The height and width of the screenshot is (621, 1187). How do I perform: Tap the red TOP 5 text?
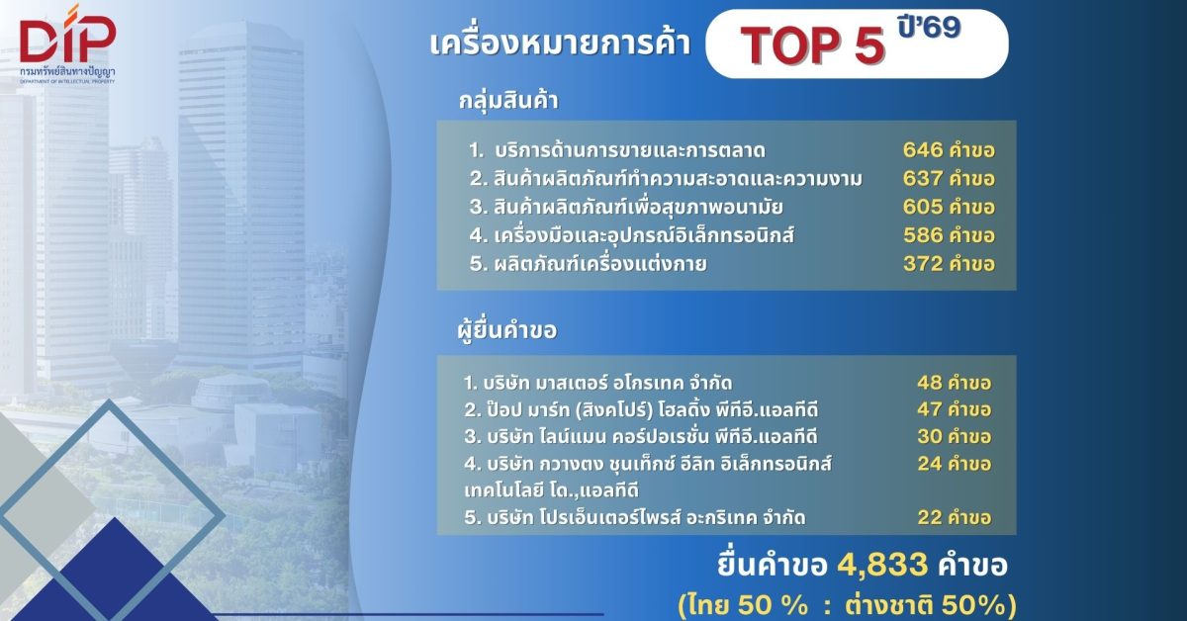pyautogui.click(x=813, y=46)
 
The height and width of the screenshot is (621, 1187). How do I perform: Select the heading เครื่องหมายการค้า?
pyautogui.click(x=560, y=45)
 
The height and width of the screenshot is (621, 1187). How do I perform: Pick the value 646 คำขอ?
pyautogui.click(x=948, y=150)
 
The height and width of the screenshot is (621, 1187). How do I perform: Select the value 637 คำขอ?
pyautogui.click(x=948, y=179)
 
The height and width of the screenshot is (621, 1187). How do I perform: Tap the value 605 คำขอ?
pyautogui.click(x=948, y=207)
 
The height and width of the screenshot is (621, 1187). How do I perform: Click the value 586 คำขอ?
pyautogui.click(x=948, y=235)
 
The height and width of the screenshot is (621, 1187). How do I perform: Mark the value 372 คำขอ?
pyautogui.click(x=948, y=264)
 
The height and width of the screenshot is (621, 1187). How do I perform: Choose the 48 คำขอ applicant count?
pyautogui.click(x=954, y=383)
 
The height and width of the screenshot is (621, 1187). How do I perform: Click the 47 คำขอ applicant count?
pyautogui.click(x=954, y=408)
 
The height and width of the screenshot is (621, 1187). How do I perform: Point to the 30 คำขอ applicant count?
pyautogui.click(x=954, y=435)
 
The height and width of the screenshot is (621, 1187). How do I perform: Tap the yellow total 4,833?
pyautogui.click(x=882, y=565)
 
